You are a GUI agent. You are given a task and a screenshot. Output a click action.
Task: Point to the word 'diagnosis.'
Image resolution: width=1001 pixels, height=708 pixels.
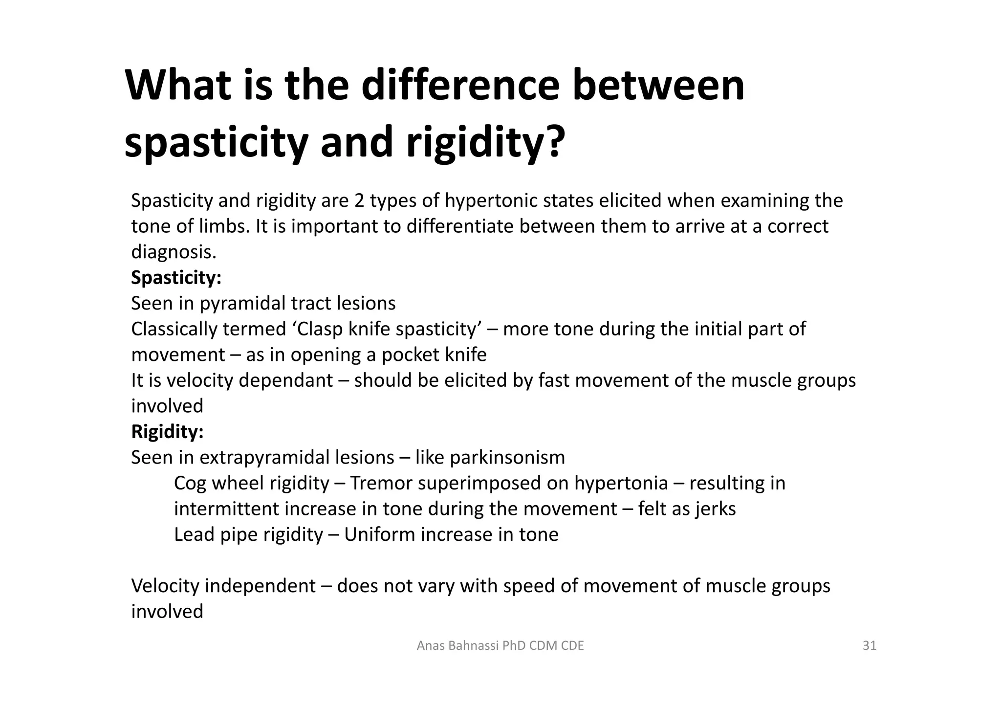click(x=174, y=252)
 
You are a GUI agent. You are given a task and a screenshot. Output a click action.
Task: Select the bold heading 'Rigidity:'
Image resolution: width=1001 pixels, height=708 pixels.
click(x=167, y=432)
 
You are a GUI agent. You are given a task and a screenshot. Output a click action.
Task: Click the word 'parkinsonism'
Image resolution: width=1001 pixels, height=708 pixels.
click(x=507, y=458)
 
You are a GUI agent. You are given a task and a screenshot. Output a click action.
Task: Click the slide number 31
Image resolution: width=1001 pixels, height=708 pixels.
click(x=870, y=646)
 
